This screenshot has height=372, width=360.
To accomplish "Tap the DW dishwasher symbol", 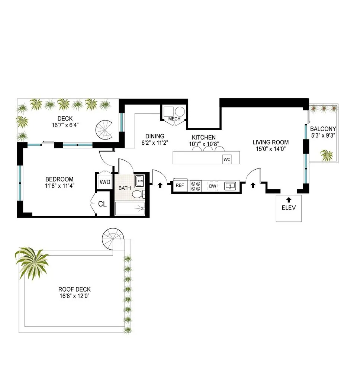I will point(213,186).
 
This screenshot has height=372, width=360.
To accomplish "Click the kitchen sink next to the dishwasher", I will point(231,186).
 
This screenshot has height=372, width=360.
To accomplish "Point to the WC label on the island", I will point(227,160).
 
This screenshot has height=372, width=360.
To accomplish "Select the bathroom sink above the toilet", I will point(139,182).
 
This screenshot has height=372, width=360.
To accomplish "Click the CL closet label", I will point(102,204).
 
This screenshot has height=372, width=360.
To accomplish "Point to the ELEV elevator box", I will point(289,208).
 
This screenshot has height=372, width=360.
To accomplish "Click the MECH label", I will point(174,119).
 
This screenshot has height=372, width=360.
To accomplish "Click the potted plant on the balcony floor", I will point(327,155).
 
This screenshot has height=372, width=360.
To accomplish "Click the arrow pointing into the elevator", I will point(289,199).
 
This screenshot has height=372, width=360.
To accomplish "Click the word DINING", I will point(155,136).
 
